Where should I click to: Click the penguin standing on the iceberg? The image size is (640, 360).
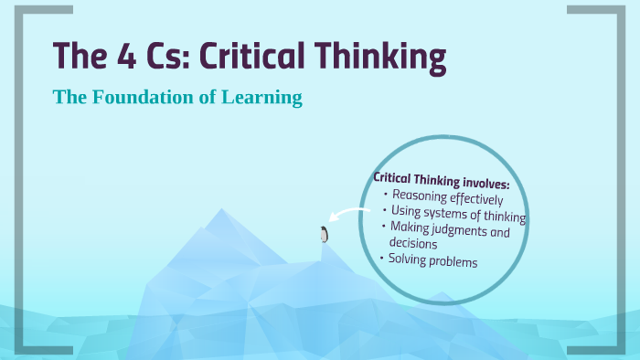[323, 234]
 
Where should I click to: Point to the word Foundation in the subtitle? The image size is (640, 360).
[141, 97]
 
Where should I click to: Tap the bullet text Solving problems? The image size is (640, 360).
[432, 261]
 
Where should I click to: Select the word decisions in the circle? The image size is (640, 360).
[413, 244]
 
